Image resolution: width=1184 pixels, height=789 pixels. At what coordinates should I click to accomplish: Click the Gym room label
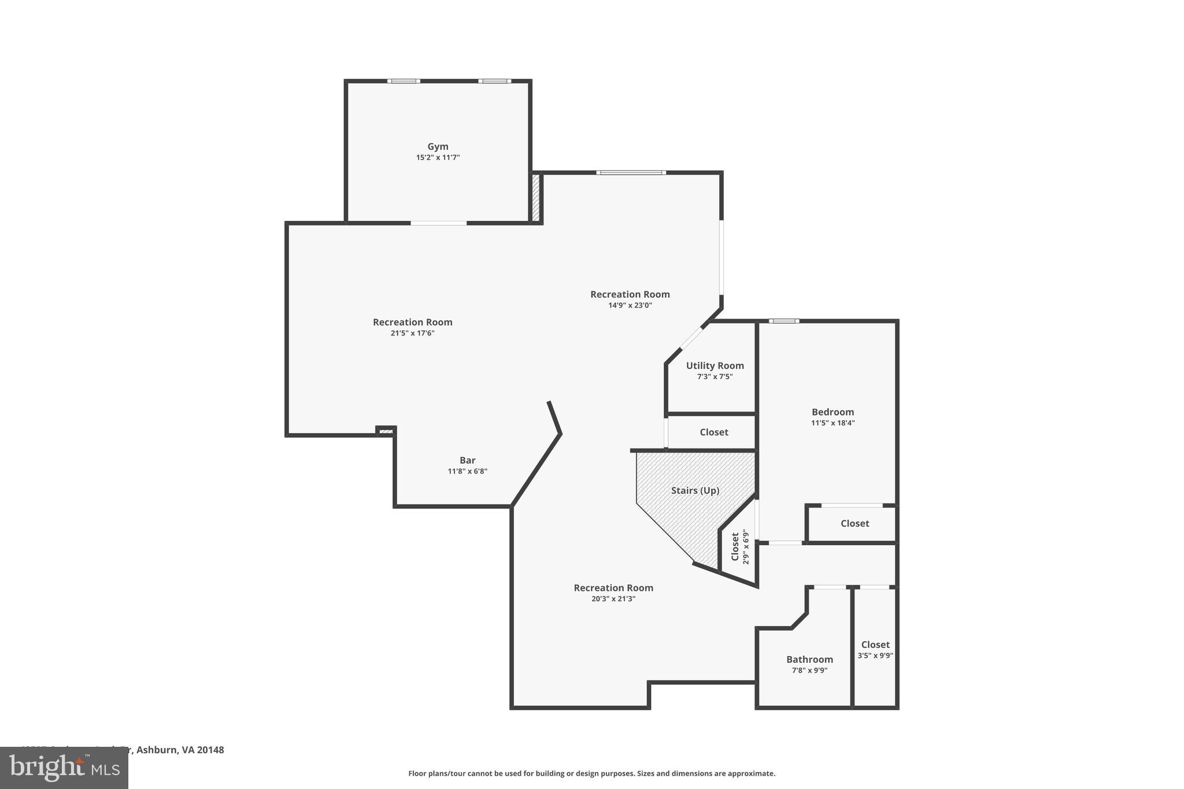click(438, 147)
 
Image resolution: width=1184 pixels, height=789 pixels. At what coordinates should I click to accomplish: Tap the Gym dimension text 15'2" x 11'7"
click(438, 158)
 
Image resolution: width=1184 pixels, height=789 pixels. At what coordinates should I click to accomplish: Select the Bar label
click(467, 461)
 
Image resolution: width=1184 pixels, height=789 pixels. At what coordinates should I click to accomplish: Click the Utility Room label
click(715, 366)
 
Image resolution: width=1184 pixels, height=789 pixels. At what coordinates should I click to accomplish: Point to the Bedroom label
click(832, 412)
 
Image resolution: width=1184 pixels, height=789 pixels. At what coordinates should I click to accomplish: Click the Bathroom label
click(809, 660)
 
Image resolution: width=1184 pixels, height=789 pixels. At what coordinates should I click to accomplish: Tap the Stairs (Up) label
click(695, 491)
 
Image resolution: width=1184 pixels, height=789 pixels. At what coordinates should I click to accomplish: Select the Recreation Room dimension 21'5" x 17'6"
click(412, 334)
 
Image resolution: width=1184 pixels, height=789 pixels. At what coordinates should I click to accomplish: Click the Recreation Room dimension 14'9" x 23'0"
click(630, 306)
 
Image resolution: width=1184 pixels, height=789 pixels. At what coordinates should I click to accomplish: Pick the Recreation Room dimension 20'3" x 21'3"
click(613, 599)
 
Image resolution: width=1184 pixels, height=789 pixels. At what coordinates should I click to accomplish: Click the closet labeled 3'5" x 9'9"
click(875, 650)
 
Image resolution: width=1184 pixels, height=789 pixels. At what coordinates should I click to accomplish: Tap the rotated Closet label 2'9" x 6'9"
click(739, 547)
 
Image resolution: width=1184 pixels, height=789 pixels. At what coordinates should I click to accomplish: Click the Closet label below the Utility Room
click(714, 432)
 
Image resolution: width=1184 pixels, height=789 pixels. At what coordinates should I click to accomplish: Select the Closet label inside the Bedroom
click(854, 524)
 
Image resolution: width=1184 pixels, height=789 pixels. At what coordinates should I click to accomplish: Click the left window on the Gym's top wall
click(404, 82)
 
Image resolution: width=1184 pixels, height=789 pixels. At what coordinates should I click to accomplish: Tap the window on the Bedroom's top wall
click(784, 321)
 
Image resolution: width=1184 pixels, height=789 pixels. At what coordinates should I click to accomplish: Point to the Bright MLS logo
click(64, 768)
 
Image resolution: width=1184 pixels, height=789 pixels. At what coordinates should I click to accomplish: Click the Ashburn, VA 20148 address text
click(180, 750)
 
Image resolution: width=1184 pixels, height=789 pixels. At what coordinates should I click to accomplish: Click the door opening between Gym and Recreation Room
click(439, 223)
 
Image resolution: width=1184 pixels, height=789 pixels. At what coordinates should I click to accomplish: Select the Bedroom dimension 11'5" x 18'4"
click(832, 423)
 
